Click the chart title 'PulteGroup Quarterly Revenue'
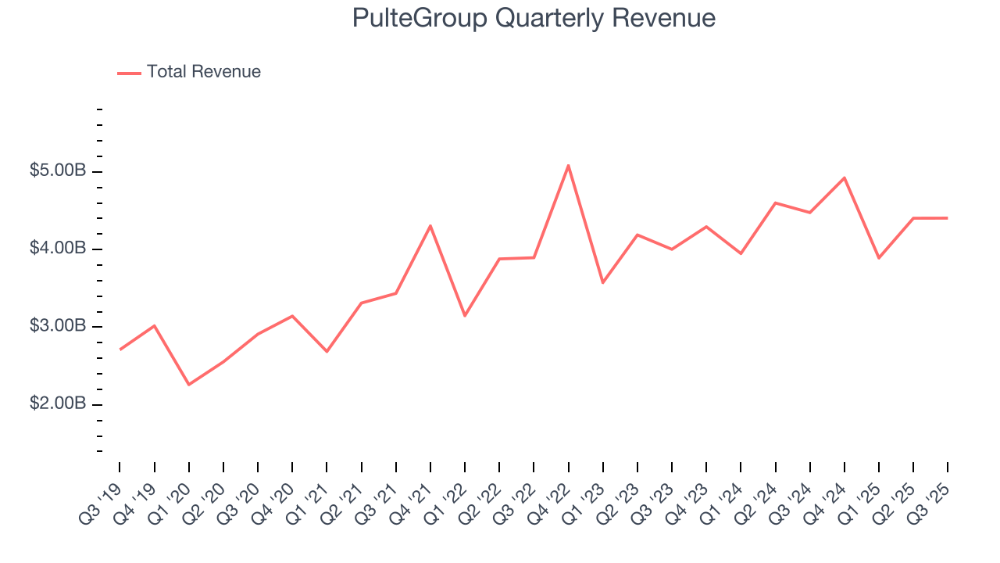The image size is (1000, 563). pos(534,18)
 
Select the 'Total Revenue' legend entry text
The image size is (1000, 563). pos(203,72)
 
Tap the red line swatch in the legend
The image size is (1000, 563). pos(129,73)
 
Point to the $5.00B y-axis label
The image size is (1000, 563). pos(58,171)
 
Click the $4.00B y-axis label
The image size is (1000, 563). pos(58,249)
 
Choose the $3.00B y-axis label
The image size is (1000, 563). pos(58,326)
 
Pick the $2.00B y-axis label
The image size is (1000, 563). pos(58,404)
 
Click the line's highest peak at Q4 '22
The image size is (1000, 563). pos(569,165)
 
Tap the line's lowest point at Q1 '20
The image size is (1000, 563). pos(189,385)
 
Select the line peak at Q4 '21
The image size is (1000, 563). pos(430,226)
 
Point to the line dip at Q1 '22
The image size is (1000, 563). pos(465,316)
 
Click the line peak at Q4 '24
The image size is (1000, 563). pos(845,178)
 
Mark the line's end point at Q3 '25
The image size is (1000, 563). pos(948,218)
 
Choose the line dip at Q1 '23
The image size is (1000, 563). pos(603,282)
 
